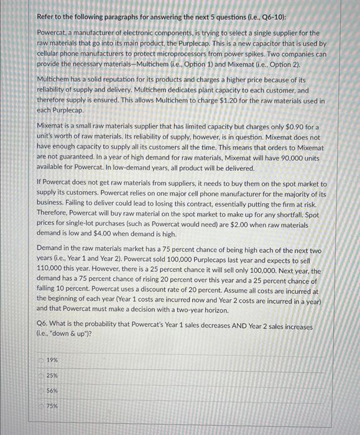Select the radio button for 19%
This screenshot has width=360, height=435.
41,360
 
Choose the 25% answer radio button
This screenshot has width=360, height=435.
41,375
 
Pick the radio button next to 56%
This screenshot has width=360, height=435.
41,390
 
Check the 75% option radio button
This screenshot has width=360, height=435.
41,406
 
